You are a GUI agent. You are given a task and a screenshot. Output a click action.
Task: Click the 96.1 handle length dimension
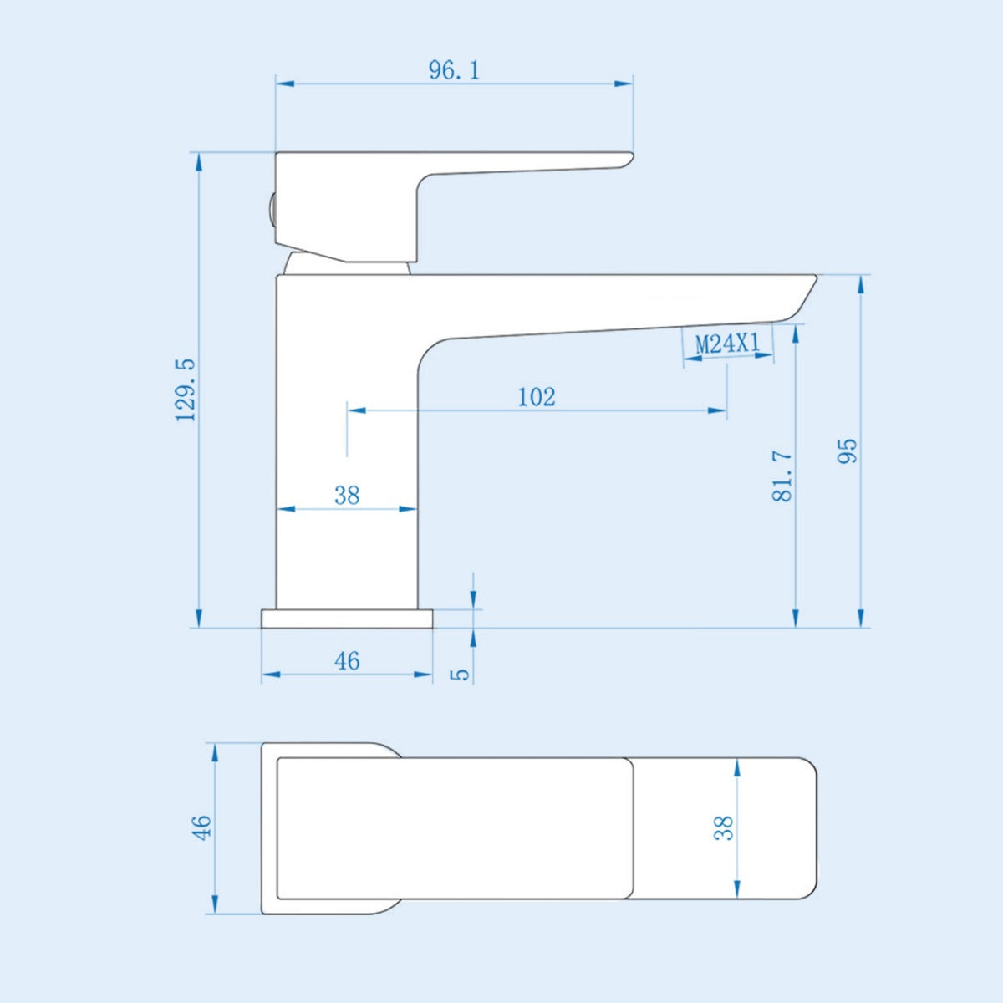[x=454, y=70]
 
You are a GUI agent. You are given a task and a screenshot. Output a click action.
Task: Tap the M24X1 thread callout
[x=727, y=344]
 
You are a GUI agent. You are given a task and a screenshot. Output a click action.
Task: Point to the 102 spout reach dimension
[x=536, y=396]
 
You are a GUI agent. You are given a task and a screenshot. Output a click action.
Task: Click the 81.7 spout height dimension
[x=782, y=474]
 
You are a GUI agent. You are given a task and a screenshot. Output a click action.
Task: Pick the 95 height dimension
[x=848, y=451]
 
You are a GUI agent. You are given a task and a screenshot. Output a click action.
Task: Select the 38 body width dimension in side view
[x=347, y=496]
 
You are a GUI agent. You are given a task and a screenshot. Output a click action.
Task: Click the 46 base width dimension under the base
[x=347, y=661]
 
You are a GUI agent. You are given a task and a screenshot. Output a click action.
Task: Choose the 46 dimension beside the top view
[x=202, y=827]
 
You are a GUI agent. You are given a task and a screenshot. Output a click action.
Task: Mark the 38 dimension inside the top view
[x=724, y=827]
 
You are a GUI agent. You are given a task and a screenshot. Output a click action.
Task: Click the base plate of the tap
[x=347, y=619]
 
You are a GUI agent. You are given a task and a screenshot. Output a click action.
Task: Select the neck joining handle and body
[x=347, y=265]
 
